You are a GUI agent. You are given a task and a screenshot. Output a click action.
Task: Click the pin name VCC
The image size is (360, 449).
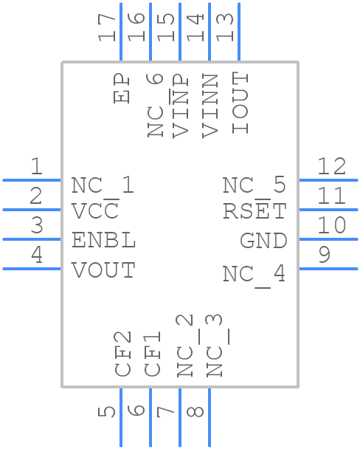click(x=96, y=211)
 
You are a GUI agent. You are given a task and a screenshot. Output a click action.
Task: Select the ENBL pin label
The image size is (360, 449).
click(x=103, y=241)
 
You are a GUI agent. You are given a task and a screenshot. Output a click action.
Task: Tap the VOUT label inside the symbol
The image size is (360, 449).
click(x=103, y=270)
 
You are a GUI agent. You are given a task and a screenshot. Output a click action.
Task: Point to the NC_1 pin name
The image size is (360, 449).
click(x=103, y=185)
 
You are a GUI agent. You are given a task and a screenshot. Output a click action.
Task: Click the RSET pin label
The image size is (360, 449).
click(x=255, y=211)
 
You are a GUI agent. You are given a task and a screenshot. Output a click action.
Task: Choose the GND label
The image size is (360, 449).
click(x=263, y=241)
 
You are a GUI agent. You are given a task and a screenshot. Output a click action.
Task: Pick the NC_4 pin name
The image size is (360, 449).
click(x=255, y=275)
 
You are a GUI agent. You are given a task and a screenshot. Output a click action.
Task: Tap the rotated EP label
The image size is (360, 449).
click(x=122, y=89)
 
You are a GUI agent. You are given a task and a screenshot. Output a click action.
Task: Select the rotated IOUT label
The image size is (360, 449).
click(x=240, y=103)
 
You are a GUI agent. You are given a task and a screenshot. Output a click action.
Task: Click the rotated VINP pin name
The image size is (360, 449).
click(x=181, y=105)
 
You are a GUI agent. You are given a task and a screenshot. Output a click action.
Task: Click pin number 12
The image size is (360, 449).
click(x=332, y=167)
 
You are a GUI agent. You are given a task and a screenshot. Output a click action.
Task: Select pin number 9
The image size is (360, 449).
click(x=324, y=256)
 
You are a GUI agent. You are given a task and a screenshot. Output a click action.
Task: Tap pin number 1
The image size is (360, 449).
click(x=36, y=167)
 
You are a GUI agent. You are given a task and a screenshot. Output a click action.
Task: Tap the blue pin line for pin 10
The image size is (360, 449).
click(x=328, y=239)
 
